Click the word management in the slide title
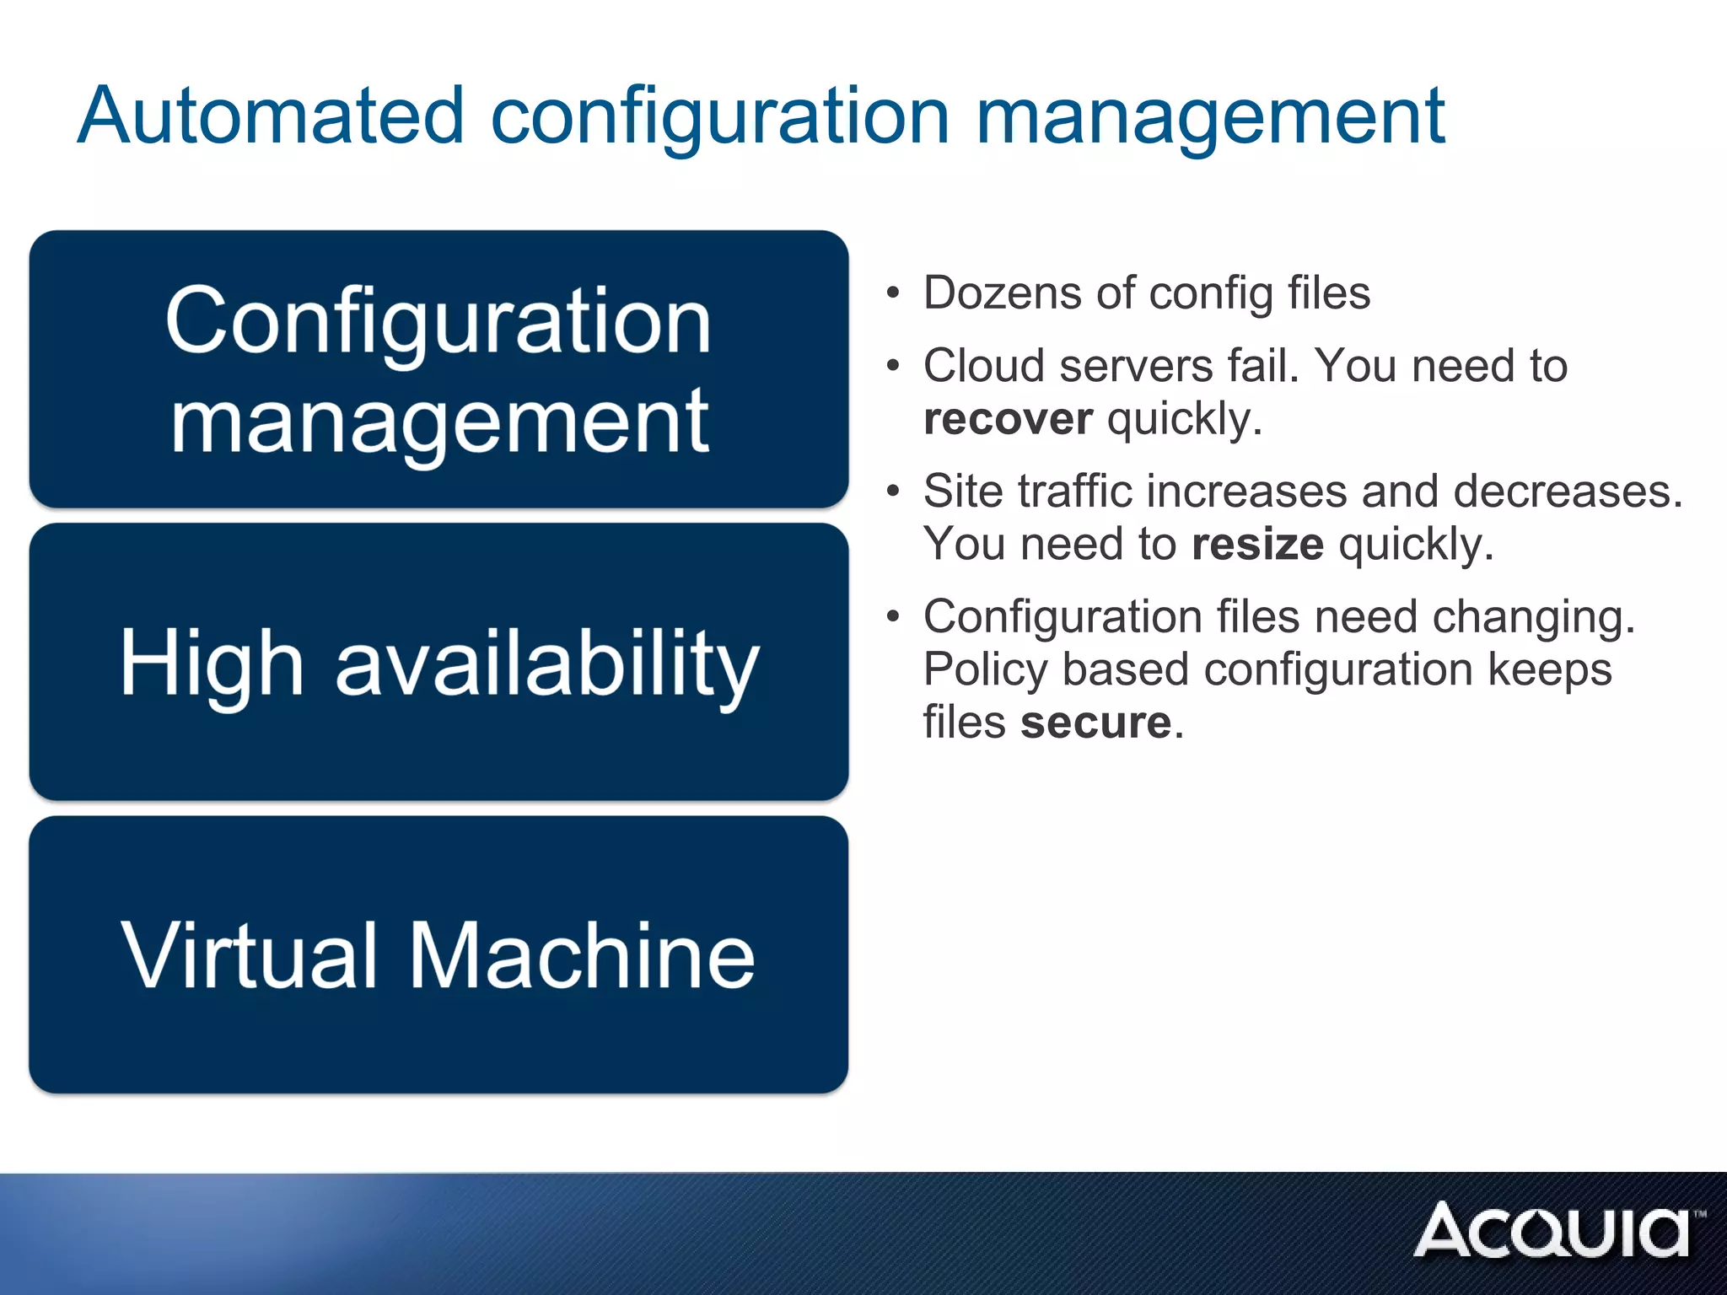click(1210, 118)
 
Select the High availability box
click(438, 662)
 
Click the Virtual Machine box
click(438, 954)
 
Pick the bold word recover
click(1008, 419)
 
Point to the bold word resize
click(1257, 545)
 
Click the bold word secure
click(1095, 723)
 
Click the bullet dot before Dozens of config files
click(893, 294)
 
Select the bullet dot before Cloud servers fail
click(893, 366)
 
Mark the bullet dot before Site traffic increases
click(893, 492)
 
